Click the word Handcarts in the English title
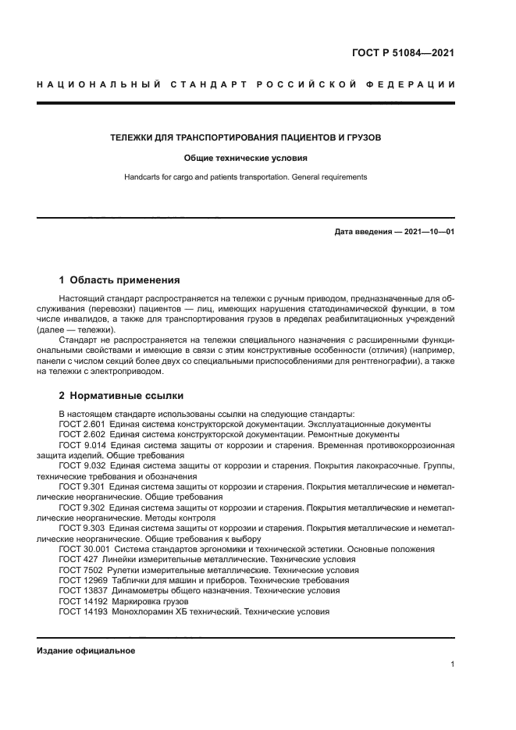tap(143, 177)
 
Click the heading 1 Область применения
tap(119, 280)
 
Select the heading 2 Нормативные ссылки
tap(121, 396)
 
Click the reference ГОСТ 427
tap(77, 560)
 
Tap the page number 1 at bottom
tap(452, 664)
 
